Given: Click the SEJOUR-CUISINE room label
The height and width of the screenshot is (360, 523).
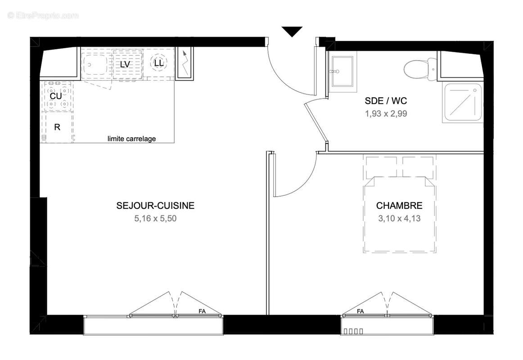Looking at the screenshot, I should click(x=155, y=206).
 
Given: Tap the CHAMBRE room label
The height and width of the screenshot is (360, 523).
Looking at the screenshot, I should click(x=399, y=206).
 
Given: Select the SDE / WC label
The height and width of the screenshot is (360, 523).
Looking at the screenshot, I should click(x=386, y=101).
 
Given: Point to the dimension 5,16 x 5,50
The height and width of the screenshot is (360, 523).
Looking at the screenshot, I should click(x=155, y=219).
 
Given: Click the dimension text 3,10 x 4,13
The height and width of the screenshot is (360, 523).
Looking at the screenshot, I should click(x=399, y=219).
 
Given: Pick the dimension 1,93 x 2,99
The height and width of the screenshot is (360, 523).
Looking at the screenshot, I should click(x=386, y=114).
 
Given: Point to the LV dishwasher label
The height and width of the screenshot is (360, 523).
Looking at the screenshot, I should click(x=125, y=64).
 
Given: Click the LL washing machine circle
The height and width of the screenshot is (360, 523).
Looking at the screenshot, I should click(x=158, y=63).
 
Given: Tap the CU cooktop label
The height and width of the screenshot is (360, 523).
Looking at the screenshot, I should click(x=56, y=96).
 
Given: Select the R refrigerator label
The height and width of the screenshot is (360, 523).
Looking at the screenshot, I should click(x=57, y=127).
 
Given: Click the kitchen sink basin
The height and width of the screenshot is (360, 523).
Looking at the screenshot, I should click(x=95, y=65).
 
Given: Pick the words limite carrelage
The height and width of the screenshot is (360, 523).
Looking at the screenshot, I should click(x=131, y=139).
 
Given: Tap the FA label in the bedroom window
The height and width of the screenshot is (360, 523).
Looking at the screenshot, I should click(x=360, y=311).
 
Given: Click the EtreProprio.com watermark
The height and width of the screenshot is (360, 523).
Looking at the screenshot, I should click(x=43, y=15).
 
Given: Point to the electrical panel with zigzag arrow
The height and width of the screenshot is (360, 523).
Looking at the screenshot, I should click(x=184, y=63).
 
